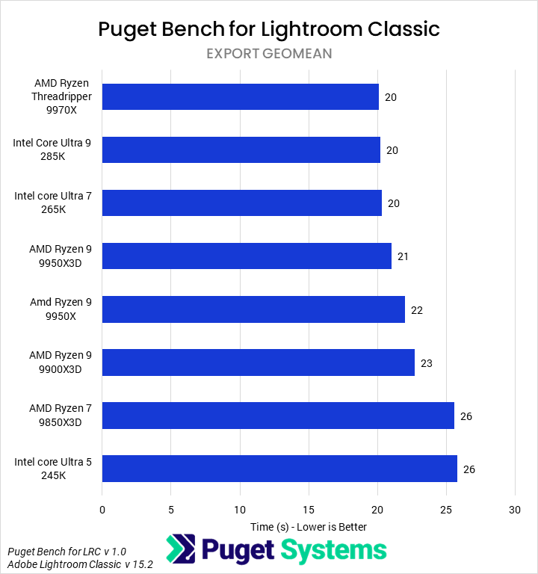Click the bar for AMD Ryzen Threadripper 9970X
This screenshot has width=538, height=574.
tap(240, 97)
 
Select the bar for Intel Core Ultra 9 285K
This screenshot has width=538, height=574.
tap(241, 150)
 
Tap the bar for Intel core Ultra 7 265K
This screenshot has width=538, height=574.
tap(241, 203)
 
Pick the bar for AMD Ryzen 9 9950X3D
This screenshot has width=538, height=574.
tap(247, 256)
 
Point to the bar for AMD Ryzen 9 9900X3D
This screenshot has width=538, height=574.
tap(258, 362)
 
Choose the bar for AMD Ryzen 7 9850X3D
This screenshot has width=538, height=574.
tap(278, 416)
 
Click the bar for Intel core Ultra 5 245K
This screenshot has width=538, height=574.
tap(279, 469)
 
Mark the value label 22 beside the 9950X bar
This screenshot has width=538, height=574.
tap(417, 310)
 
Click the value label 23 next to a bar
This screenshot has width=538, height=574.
tap(427, 363)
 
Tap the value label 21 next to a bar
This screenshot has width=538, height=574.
tap(403, 257)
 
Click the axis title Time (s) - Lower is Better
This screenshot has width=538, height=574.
tap(309, 527)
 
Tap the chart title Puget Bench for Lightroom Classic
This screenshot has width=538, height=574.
tap(269, 29)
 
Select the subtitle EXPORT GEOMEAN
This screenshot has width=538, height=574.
tap(269, 54)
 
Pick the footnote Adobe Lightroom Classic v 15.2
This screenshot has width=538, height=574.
tap(80, 565)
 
